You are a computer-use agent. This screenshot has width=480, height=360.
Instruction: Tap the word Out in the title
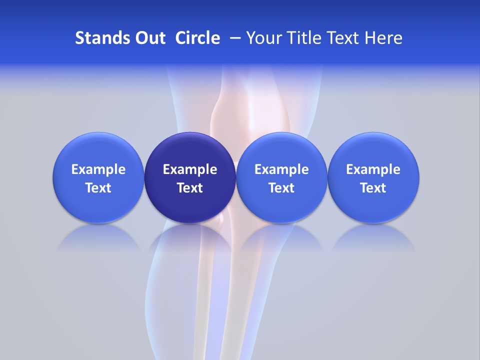149,38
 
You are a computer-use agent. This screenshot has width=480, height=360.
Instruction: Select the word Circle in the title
197,38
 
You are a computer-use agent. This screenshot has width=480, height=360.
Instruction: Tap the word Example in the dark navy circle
190,169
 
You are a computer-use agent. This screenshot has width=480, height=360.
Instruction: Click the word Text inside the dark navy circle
190,188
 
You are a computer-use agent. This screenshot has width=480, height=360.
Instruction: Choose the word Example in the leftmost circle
98,169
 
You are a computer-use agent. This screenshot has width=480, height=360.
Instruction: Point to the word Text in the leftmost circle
98,188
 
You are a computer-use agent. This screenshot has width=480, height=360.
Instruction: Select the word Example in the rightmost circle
373,169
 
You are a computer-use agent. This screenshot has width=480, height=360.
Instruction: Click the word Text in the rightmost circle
373,188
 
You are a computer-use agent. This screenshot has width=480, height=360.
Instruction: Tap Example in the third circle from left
281,169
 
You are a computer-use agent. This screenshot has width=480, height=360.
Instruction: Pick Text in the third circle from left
281,188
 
